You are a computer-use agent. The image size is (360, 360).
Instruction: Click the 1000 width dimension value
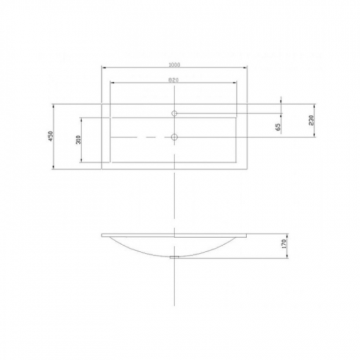175,65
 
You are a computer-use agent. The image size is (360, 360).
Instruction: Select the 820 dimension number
173,80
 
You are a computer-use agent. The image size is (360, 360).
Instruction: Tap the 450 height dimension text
51,136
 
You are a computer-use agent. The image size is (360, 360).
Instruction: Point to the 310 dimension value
79,139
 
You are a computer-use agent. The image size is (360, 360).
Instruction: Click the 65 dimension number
278,127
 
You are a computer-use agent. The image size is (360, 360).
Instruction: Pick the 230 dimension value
311,120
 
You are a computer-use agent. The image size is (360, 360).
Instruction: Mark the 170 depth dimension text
284,244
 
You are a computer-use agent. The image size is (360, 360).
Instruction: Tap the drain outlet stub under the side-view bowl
174,257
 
